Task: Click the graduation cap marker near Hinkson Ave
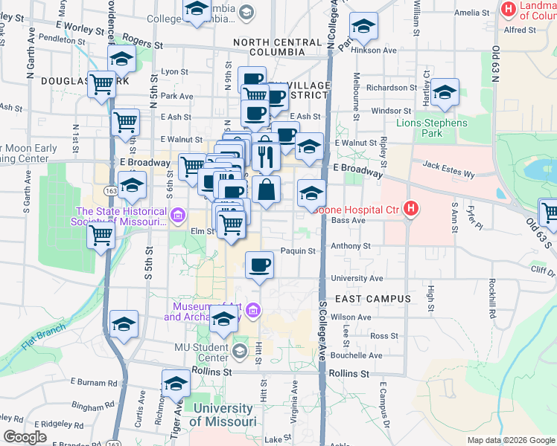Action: (x=363, y=28)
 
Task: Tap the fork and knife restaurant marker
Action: (x=265, y=156)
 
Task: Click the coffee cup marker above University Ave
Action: (x=259, y=265)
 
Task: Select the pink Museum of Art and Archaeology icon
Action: (x=253, y=309)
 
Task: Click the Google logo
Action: (x=25, y=437)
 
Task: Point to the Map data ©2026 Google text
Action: (x=510, y=440)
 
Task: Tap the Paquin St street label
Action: (x=299, y=251)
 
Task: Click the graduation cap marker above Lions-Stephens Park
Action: (x=445, y=93)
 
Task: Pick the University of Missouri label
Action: (x=221, y=415)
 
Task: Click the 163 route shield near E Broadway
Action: (x=109, y=190)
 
